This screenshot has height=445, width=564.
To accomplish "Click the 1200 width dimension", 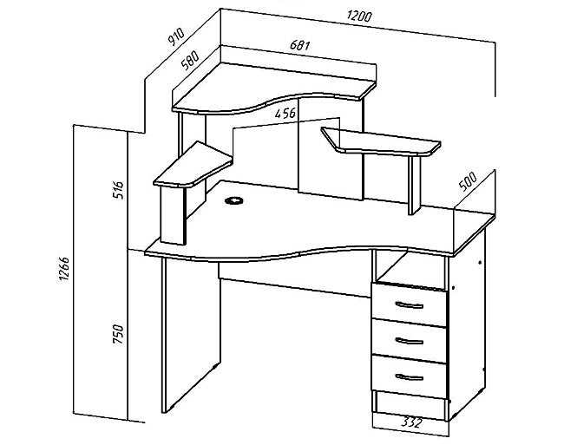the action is pyautogui.click(x=359, y=16).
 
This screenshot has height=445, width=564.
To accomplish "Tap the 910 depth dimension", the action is pyautogui.click(x=176, y=36).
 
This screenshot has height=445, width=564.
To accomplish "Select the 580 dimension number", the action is pyautogui.click(x=190, y=61).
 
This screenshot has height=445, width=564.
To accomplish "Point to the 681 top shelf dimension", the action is pyautogui.click(x=299, y=45).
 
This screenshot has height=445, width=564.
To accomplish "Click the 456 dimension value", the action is pyautogui.click(x=285, y=114).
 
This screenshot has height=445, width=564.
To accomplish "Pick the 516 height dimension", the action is pyautogui.click(x=118, y=190).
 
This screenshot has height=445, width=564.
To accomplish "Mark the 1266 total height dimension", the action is pyautogui.click(x=63, y=270).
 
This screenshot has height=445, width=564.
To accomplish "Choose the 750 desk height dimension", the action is pyautogui.click(x=118, y=334).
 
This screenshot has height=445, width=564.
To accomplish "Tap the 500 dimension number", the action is pyautogui.click(x=468, y=181).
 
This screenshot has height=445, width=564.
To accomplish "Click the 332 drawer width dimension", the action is pyautogui.click(x=410, y=422).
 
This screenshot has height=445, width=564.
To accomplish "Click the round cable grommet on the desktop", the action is pyautogui.click(x=233, y=200).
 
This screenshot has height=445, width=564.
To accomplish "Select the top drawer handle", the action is pyautogui.click(x=410, y=305).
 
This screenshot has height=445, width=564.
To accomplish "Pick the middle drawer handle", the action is pyautogui.click(x=410, y=341).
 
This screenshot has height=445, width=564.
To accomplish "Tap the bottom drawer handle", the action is pyautogui.click(x=410, y=376).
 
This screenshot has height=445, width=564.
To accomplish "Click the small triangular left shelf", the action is pyautogui.click(x=193, y=164).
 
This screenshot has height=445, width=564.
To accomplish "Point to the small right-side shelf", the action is pyautogui.click(x=381, y=141).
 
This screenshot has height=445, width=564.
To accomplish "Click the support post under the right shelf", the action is pyautogui.click(x=414, y=185).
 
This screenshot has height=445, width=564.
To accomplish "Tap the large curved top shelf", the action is pyautogui.click(x=274, y=88).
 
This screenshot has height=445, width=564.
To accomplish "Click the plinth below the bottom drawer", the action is pyautogui.click(x=410, y=405).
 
